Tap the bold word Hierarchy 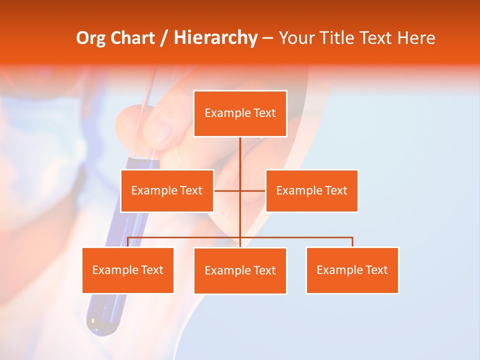point(215,38)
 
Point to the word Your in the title point(296,38)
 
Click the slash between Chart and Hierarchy point(164,38)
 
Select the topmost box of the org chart point(240,113)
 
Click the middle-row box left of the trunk point(167,190)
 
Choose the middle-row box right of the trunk point(311,190)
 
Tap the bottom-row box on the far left point(128,270)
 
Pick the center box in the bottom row point(240,270)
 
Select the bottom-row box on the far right point(352,270)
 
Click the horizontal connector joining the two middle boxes point(227,190)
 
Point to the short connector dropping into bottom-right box point(352,242)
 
